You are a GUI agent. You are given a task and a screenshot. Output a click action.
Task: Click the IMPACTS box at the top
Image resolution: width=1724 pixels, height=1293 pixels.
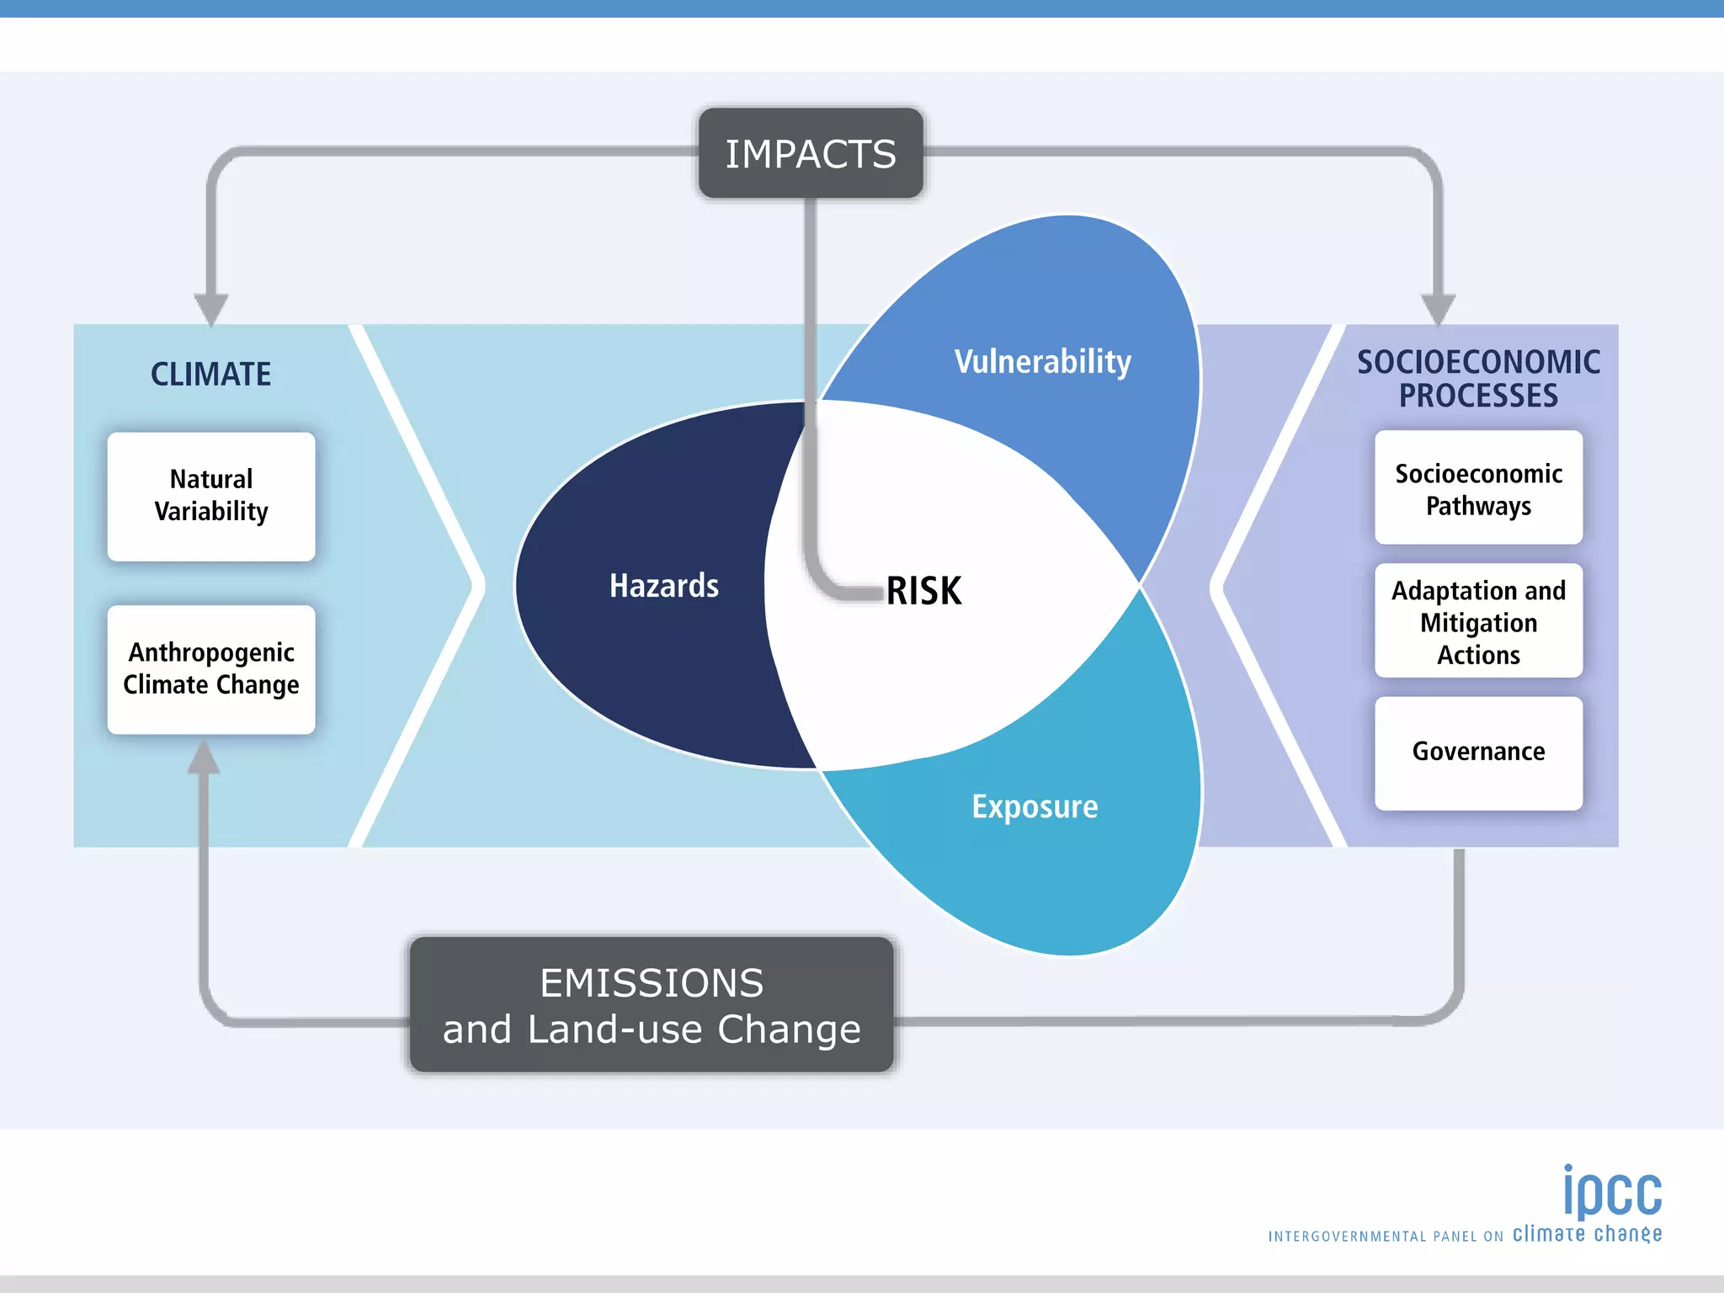pos(811,154)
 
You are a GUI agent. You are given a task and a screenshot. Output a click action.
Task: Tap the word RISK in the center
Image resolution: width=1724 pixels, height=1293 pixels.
pos(923,590)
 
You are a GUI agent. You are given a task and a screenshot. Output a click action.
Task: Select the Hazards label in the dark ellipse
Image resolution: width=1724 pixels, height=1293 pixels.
pos(663,586)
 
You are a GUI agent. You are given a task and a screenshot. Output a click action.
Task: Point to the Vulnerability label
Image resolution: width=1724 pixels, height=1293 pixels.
pos(1042,362)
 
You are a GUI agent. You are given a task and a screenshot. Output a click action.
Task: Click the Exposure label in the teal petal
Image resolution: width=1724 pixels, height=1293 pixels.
pos(1035,806)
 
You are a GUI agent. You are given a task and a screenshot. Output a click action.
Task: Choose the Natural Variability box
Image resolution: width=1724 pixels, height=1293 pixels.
pos(211,496)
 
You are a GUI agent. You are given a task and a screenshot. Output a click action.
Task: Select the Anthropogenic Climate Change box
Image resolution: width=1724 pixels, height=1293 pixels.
pos(211,669)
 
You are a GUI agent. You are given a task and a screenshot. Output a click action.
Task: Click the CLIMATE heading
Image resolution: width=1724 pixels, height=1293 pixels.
pos(210,374)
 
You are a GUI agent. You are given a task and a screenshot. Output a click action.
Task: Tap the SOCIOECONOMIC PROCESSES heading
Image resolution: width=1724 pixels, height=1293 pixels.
pos(1478,379)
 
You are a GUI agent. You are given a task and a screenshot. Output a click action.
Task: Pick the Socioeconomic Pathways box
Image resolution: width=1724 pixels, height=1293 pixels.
pos(1478,488)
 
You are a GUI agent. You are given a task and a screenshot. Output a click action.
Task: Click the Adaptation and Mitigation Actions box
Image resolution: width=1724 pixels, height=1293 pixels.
pos(1478,622)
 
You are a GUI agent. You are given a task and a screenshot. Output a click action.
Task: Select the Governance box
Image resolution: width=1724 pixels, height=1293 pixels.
pos(1478,752)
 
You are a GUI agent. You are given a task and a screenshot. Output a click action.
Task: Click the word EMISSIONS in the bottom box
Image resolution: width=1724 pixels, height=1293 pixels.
pos(652,983)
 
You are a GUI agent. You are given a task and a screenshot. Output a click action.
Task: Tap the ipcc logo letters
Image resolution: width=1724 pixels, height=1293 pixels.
pos(1612,1192)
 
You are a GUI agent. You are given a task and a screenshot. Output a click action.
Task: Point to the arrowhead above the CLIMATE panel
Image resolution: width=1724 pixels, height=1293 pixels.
pos(210,308)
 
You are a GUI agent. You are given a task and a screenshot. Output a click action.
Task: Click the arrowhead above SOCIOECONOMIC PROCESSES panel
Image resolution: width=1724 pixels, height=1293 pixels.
pos(1438,308)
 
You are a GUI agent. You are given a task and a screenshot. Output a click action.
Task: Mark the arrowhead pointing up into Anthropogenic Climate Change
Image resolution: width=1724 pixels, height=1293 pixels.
pos(204,758)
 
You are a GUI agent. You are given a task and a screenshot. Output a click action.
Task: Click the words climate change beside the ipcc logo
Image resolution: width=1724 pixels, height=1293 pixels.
pos(1587,1234)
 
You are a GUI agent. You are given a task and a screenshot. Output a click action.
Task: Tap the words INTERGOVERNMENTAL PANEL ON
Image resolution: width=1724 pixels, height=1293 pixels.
pos(1386,1237)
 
